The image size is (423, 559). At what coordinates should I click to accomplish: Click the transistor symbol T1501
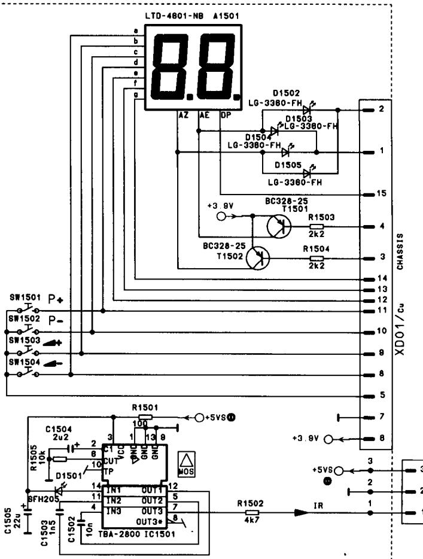click(x=279, y=227)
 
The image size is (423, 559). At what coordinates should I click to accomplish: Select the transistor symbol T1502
click(x=258, y=259)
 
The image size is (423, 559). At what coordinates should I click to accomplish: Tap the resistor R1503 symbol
click(x=317, y=227)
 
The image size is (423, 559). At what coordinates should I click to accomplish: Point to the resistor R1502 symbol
click(x=252, y=513)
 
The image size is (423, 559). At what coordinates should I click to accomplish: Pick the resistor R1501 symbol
click(x=145, y=417)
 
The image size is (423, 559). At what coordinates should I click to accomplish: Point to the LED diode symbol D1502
click(x=308, y=110)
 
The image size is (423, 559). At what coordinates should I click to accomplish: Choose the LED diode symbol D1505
click(x=308, y=173)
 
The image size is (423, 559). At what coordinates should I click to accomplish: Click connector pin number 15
click(x=381, y=195)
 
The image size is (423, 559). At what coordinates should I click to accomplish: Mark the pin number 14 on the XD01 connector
click(x=381, y=279)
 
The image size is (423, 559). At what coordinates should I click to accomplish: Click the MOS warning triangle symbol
click(x=183, y=463)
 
